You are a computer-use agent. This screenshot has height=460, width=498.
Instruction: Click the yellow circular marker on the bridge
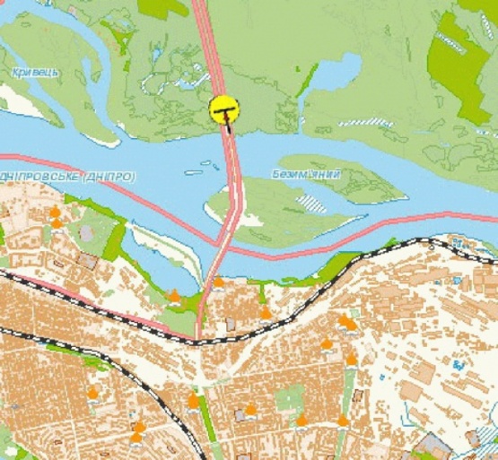point(224,109)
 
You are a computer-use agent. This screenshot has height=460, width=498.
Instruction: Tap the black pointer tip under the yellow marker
point(227,127)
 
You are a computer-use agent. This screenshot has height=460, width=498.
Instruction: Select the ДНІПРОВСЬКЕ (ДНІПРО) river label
point(67,178)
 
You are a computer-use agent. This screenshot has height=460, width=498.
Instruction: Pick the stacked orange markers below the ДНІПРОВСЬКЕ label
point(56,217)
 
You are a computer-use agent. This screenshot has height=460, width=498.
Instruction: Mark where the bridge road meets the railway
point(199,339)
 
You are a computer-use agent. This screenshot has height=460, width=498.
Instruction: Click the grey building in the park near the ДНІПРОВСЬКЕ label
point(87,232)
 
